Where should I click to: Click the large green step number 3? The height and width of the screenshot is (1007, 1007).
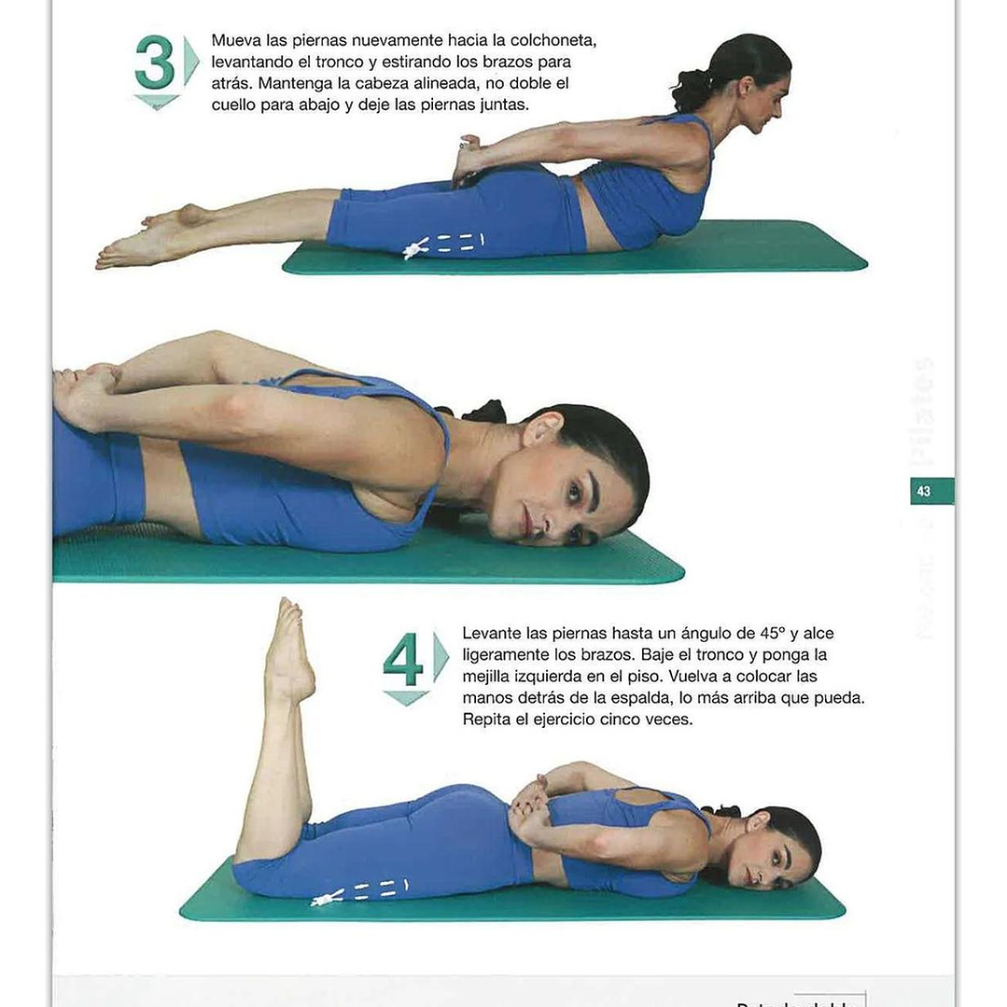point(155,64)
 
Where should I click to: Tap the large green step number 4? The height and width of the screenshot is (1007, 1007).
point(403,661)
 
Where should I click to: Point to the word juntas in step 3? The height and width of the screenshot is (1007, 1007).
point(502,105)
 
